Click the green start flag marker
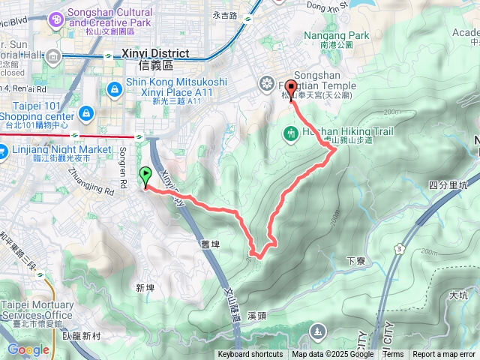(144, 176)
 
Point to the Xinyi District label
(155, 54)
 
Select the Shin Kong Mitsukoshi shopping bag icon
(113, 89)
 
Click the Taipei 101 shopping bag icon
(86, 113)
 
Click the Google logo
(28, 349)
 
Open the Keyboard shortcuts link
(250, 355)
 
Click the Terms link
(393, 355)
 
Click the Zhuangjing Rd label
(85, 179)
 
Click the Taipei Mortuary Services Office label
(37, 310)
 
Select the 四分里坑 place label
(448, 184)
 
